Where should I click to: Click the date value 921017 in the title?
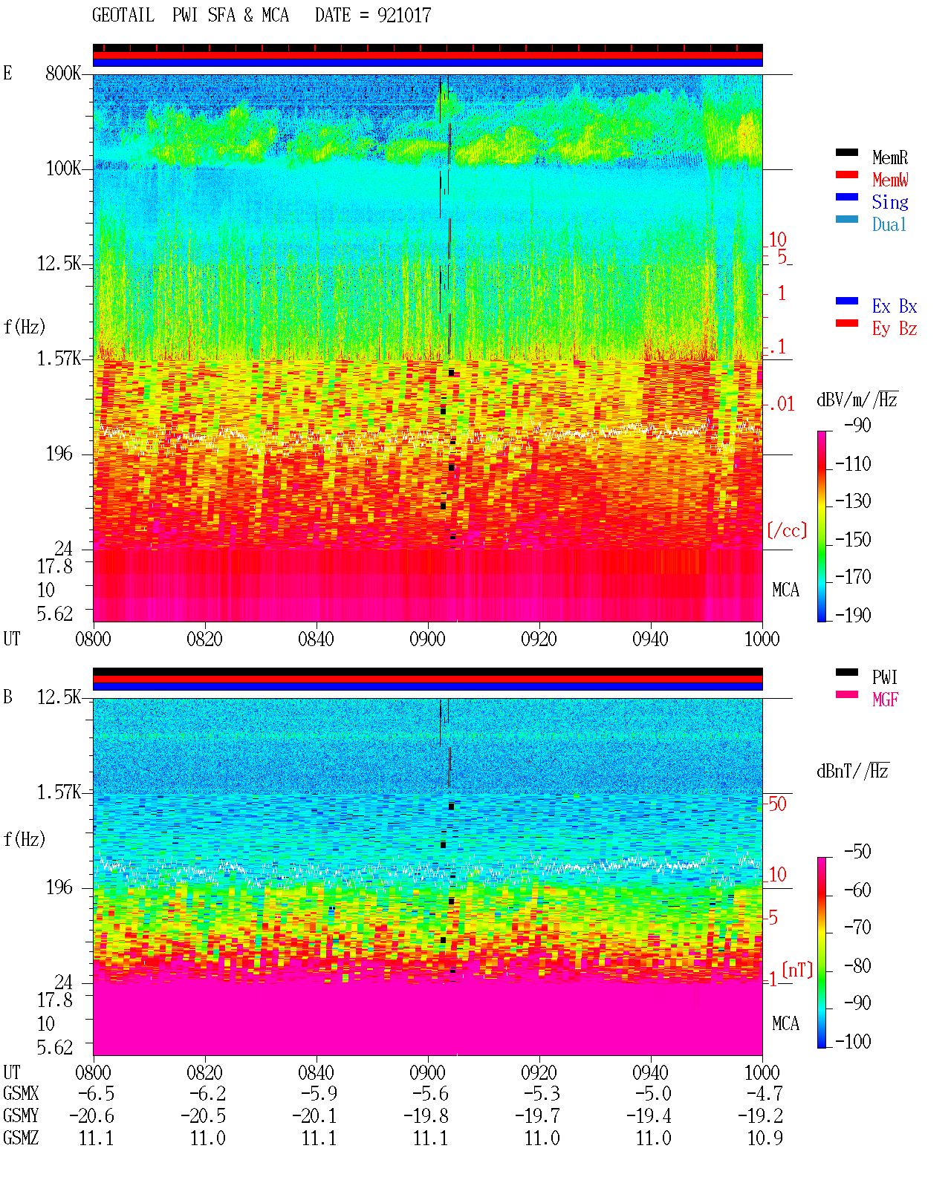[403, 16]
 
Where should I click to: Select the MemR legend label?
[889, 157]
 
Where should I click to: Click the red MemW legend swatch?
[846, 175]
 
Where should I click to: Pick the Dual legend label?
[889, 224]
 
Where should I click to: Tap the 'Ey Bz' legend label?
[894, 328]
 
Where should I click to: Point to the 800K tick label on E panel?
[63, 73]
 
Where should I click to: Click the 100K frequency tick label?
[63, 169]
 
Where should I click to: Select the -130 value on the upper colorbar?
[852, 501]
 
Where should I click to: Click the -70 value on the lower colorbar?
[857, 928]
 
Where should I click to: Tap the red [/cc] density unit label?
[787, 530]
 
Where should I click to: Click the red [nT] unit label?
[797, 970]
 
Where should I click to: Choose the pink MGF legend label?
[885, 700]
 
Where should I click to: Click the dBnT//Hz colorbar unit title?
[853, 771]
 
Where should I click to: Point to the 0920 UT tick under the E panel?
[539, 639]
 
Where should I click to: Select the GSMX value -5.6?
[430, 1093]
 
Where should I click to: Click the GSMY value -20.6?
[92, 1115]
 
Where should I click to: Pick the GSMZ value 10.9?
[765, 1138]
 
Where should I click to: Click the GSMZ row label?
[21, 1138]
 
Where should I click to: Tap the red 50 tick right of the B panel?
[777, 804]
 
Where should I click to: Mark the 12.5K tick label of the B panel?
[59, 697]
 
